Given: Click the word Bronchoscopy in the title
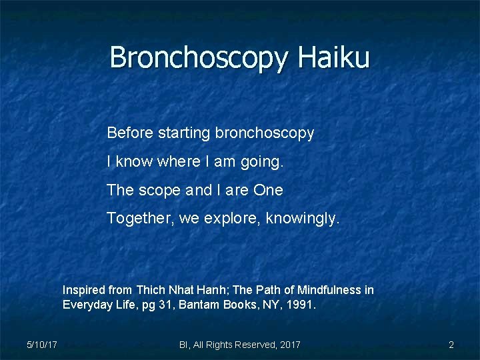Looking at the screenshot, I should pos(200,59).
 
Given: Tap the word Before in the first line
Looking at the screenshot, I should pos(130,133).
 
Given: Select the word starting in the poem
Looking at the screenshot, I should pos(184,133).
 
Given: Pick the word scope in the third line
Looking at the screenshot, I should pos(159,191).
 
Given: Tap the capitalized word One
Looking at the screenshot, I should pos(268,190).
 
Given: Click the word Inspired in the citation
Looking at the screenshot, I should pos(84,290).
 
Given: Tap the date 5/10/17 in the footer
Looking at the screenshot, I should pos(41,345).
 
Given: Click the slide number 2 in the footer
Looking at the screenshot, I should pos(451,345).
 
